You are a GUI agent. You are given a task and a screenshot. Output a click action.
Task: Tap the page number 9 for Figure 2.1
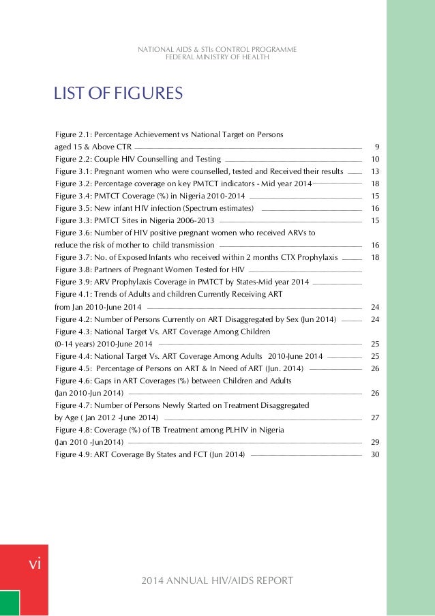[x=377, y=147]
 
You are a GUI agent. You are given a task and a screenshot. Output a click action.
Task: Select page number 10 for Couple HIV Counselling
[x=375, y=159]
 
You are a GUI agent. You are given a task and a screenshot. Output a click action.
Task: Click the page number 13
[x=375, y=171]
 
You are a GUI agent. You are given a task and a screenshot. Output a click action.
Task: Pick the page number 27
[x=375, y=417]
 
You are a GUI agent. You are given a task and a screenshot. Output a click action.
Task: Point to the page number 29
[x=375, y=441]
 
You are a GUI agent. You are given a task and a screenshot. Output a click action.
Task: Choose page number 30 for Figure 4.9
[x=375, y=454]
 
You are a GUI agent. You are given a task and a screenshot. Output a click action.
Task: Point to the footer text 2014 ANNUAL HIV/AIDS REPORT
[x=217, y=581]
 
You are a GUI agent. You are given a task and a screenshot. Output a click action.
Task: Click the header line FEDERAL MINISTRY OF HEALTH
[x=217, y=57]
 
